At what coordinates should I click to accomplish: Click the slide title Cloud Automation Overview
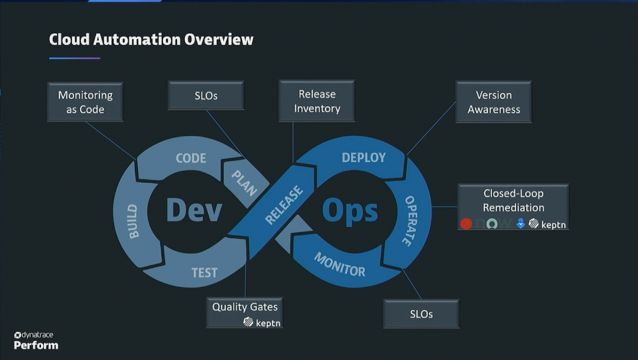[151, 40]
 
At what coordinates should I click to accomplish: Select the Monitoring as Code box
[85, 102]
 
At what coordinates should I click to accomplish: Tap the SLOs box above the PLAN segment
[206, 96]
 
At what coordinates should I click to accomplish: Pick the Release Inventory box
[317, 101]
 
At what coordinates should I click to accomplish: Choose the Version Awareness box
[493, 102]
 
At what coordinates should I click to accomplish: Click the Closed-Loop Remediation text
[513, 201]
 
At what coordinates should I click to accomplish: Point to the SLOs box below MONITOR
[421, 314]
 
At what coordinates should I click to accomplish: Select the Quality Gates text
[245, 306]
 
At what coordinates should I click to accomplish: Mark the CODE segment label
[191, 158]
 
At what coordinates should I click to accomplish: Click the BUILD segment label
[133, 221]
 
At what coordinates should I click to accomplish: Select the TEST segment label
[204, 273]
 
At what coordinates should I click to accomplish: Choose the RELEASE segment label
[284, 205]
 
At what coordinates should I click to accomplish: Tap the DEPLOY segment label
[364, 158]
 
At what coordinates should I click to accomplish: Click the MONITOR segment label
[340, 264]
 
